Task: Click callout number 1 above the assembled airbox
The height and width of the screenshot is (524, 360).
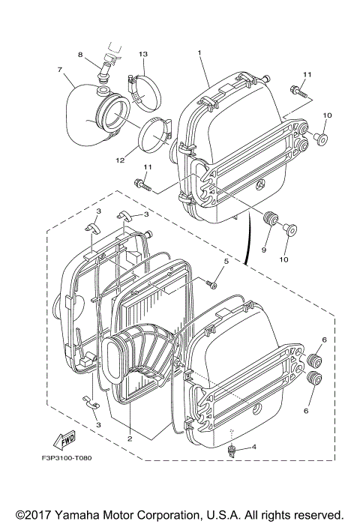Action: coord(199,52)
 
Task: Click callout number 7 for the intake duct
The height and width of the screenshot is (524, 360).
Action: coord(58,70)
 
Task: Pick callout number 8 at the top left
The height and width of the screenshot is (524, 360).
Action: coord(80,55)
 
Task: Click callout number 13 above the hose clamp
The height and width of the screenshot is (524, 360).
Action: coord(144,55)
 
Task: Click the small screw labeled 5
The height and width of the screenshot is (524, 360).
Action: coord(212,285)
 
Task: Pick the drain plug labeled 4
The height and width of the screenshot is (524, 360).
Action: coord(233,450)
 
